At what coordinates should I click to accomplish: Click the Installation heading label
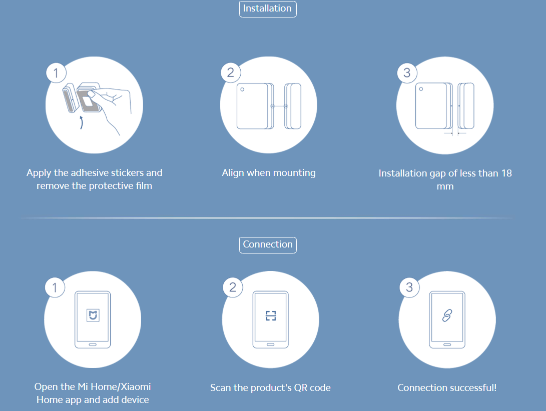tap(267, 8)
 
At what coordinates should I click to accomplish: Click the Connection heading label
tap(268, 245)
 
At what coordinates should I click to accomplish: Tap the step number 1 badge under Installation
tap(56, 73)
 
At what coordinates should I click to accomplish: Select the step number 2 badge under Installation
tap(231, 72)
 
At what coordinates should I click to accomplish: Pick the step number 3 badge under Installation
tap(407, 72)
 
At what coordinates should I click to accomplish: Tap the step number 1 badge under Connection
tap(55, 287)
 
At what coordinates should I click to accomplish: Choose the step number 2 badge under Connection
tap(233, 287)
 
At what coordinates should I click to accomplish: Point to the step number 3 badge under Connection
tap(409, 287)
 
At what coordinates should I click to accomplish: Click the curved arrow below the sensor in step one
tap(82, 122)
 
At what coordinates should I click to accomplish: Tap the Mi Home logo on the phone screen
tap(93, 315)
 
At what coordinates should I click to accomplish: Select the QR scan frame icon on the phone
tap(271, 315)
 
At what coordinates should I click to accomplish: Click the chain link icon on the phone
tap(447, 315)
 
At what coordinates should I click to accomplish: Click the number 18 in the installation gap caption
tap(506, 173)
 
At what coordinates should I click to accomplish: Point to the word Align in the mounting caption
tap(233, 173)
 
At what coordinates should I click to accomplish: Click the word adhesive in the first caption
tap(90, 173)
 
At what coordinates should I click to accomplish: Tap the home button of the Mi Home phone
tap(93, 344)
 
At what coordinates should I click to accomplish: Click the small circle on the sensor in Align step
tap(242, 89)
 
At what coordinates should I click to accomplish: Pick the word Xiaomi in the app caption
tap(136, 386)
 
